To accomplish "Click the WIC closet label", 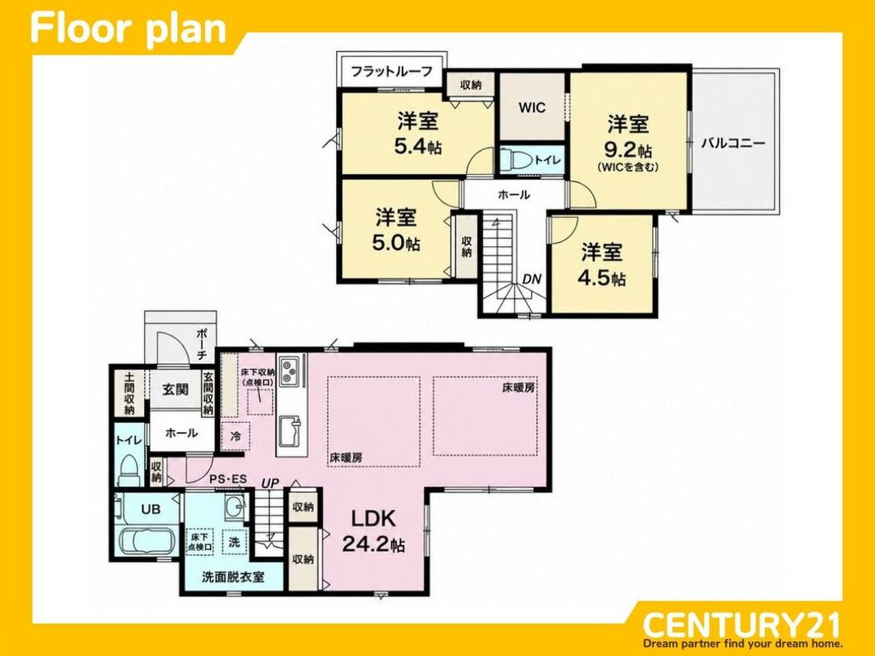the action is coord(532,107).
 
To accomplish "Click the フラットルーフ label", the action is coord(392,71).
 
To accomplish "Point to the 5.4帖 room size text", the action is coord(418,146).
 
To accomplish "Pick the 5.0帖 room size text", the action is coord(395,244).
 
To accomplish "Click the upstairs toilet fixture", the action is coord(516,160).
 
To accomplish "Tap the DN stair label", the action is coord(532,279).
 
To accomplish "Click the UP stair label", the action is coord(271,483).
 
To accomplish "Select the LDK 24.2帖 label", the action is coord(373,531).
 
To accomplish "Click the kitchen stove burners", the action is coord(289,371).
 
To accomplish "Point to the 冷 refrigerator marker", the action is coord(236,437).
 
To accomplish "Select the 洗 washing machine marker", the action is coord(235,541).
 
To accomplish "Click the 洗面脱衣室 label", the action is coord(233,576).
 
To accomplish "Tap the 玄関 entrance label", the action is coord(175,389).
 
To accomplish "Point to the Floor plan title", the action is coord(129,29).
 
